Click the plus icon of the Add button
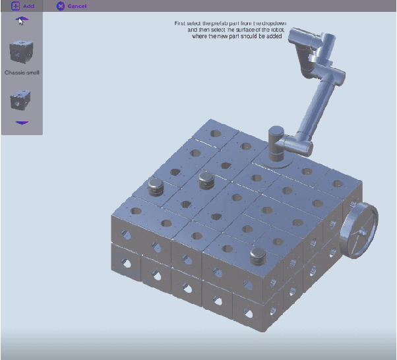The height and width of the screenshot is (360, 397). tap(15, 6)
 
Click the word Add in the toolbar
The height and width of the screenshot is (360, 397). tap(29, 6)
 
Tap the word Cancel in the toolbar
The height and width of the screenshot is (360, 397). tap(77, 6)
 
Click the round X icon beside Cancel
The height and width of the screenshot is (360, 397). tap(61, 6)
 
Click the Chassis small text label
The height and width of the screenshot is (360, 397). tap(22, 72)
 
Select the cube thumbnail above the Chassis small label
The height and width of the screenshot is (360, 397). tap(22, 51)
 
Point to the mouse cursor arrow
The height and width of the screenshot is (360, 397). tap(20, 20)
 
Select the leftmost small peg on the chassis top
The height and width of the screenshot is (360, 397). tap(155, 186)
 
